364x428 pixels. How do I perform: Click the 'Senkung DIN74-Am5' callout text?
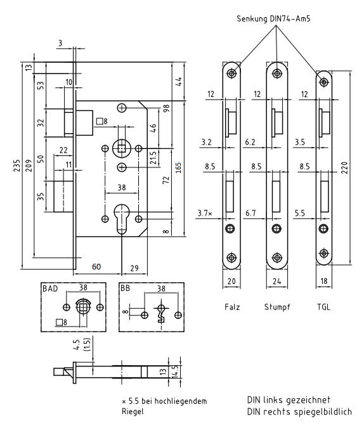tap(273, 19)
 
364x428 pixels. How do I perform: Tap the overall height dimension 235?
tap(17, 165)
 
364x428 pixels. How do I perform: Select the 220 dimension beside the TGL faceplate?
tap(344, 167)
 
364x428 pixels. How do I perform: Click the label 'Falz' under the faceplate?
tap(232, 307)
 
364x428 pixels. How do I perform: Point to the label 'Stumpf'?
tap(277, 307)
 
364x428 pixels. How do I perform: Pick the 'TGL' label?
tap(323, 307)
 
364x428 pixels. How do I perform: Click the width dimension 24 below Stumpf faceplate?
tap(277, 281)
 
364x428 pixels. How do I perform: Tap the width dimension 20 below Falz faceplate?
tap(231, 281)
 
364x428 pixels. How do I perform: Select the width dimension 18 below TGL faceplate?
tap(324, 281)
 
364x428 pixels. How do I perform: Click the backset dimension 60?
tap(96, 266)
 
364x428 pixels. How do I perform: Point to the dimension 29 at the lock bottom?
tap(134, 268)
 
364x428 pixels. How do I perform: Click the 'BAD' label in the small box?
tap(50, 289)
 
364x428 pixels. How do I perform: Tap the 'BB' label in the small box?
tap(126, 289)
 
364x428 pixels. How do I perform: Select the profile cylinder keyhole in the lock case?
tap(121, 218)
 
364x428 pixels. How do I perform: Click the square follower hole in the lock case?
tap(122, 148)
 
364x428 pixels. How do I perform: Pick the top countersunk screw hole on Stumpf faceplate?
tap(277, 73)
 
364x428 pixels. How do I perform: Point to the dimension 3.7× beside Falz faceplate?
tap(205, 213)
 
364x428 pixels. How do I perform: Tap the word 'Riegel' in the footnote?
tap(133, 412)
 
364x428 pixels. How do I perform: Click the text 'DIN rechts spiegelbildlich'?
tap(299, 412)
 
